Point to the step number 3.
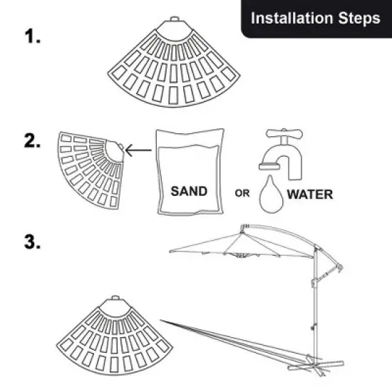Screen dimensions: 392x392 [x=33, y=242]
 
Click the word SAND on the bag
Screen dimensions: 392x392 [x=189, y=191]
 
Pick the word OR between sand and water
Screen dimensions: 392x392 [x=243, y=193]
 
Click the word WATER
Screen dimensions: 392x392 [x=309, y=193]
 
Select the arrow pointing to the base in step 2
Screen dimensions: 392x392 [x=143, y=150]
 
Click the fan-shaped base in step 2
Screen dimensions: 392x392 [x=89, y=167]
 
